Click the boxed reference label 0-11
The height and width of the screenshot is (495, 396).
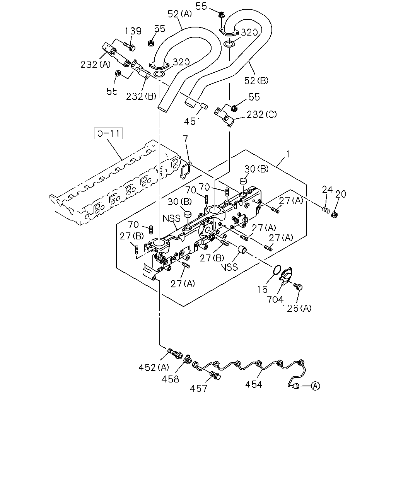(x=108, y=133)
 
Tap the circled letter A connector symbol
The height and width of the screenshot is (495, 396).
(x=315, y=386)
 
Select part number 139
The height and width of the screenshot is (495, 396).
(x=133, y=31)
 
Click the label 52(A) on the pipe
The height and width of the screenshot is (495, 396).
(x=180, y=14)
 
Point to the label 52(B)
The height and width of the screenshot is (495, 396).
(x=256, y=80)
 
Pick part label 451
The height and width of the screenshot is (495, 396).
(x=192, y=121)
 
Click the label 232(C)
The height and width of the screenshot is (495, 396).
(x=262, y=114)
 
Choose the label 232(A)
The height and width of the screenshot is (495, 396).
(x=96, y=64)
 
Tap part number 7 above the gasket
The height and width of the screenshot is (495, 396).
(x=185, y=139)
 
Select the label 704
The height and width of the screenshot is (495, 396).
(x=275, y=299)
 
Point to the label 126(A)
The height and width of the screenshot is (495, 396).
(x=297, y=308)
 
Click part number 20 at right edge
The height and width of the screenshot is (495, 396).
(x=341, y=195)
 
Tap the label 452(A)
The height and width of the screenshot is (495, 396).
(x=154, y=367)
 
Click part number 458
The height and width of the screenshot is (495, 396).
(x=170, y=379)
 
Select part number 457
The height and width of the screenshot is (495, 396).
(x=198, y=389)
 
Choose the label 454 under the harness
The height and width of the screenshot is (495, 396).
(x=254, y=384)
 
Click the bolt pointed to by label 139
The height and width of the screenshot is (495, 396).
(x=129, y=46)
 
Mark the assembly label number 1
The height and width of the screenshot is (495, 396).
(x=287, y=154)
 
